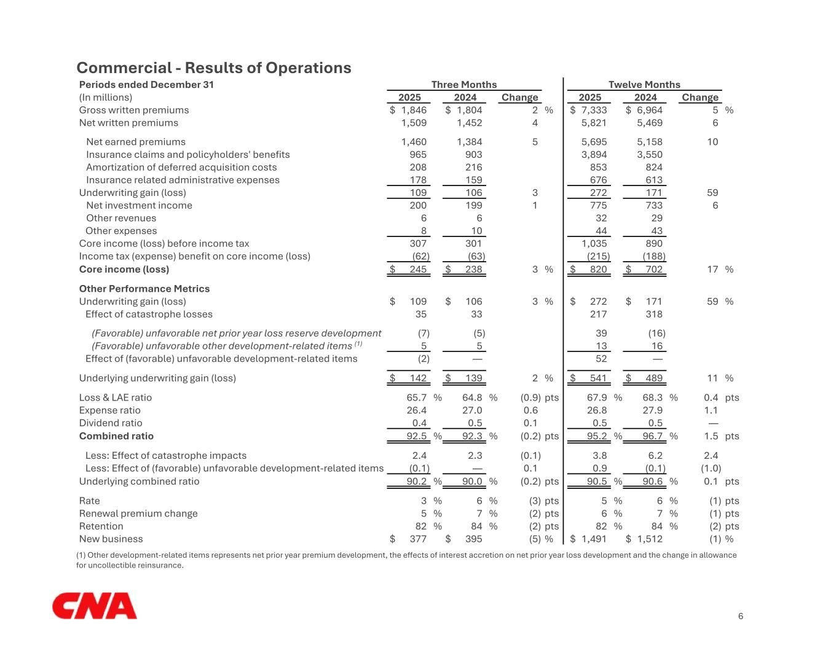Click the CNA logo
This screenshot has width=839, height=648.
click(x=95, y=606)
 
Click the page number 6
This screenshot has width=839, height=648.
click(x=741, y=616)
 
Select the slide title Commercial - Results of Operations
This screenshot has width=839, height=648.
click(x=214, y=68)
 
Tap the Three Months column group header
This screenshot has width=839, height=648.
click(x=464, y=85)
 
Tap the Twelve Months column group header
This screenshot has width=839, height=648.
click(x=644, y=85)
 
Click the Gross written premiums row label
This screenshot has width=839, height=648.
click(x=134, y=110)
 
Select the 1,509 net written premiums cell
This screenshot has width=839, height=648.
click(x=414, y=123)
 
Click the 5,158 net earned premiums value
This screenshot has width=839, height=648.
click(x=650, y=142)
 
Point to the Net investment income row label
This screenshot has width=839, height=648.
click(x=139, y=205)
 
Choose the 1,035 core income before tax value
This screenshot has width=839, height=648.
click(x=594, y=243)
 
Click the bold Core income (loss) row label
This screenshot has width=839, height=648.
click(x=124, y=269)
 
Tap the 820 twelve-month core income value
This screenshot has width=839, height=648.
click(x=598, y=269)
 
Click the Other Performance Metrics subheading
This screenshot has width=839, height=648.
click(x=144, y=289)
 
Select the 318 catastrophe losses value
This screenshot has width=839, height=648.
click(x=654, y=314)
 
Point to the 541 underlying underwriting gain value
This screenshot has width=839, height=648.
click(x=598, y=378)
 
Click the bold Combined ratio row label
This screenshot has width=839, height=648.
click(x=116, y=436)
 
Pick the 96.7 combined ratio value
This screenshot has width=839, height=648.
click(x=653, y=436)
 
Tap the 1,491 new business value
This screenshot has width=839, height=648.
click(x=594, y=539)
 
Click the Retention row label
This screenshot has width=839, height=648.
click(x=101, y=526)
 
